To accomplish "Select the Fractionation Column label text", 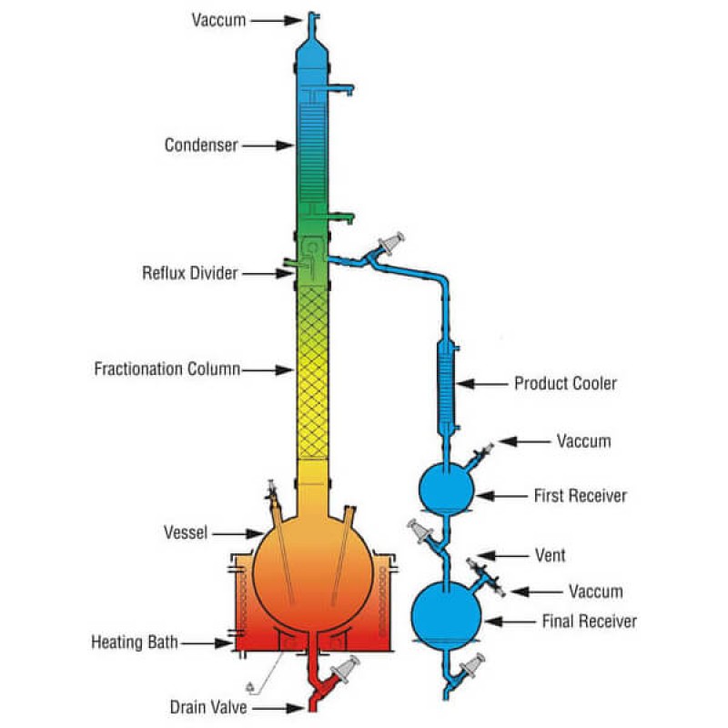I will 167,369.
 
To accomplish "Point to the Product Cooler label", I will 565,383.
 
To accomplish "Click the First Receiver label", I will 580,496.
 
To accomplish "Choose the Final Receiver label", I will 589,622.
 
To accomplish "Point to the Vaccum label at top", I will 218,19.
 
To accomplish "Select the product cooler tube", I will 446,382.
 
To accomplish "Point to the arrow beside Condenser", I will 269,145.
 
